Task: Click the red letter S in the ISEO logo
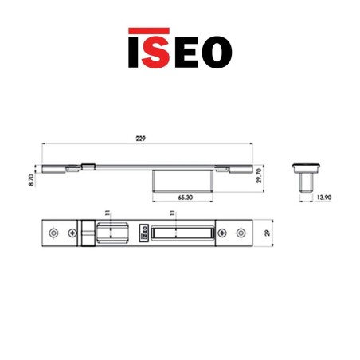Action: point(157,49)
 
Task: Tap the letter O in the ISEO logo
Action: point(216,49)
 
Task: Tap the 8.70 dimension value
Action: point(29,182)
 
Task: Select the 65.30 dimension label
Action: point(183,195)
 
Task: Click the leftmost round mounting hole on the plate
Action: point(53,234)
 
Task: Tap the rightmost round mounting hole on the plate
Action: point(241,234)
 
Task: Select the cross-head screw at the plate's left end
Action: point(70,234)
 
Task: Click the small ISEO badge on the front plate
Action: point(144,234)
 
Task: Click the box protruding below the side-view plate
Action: point(182,181)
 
